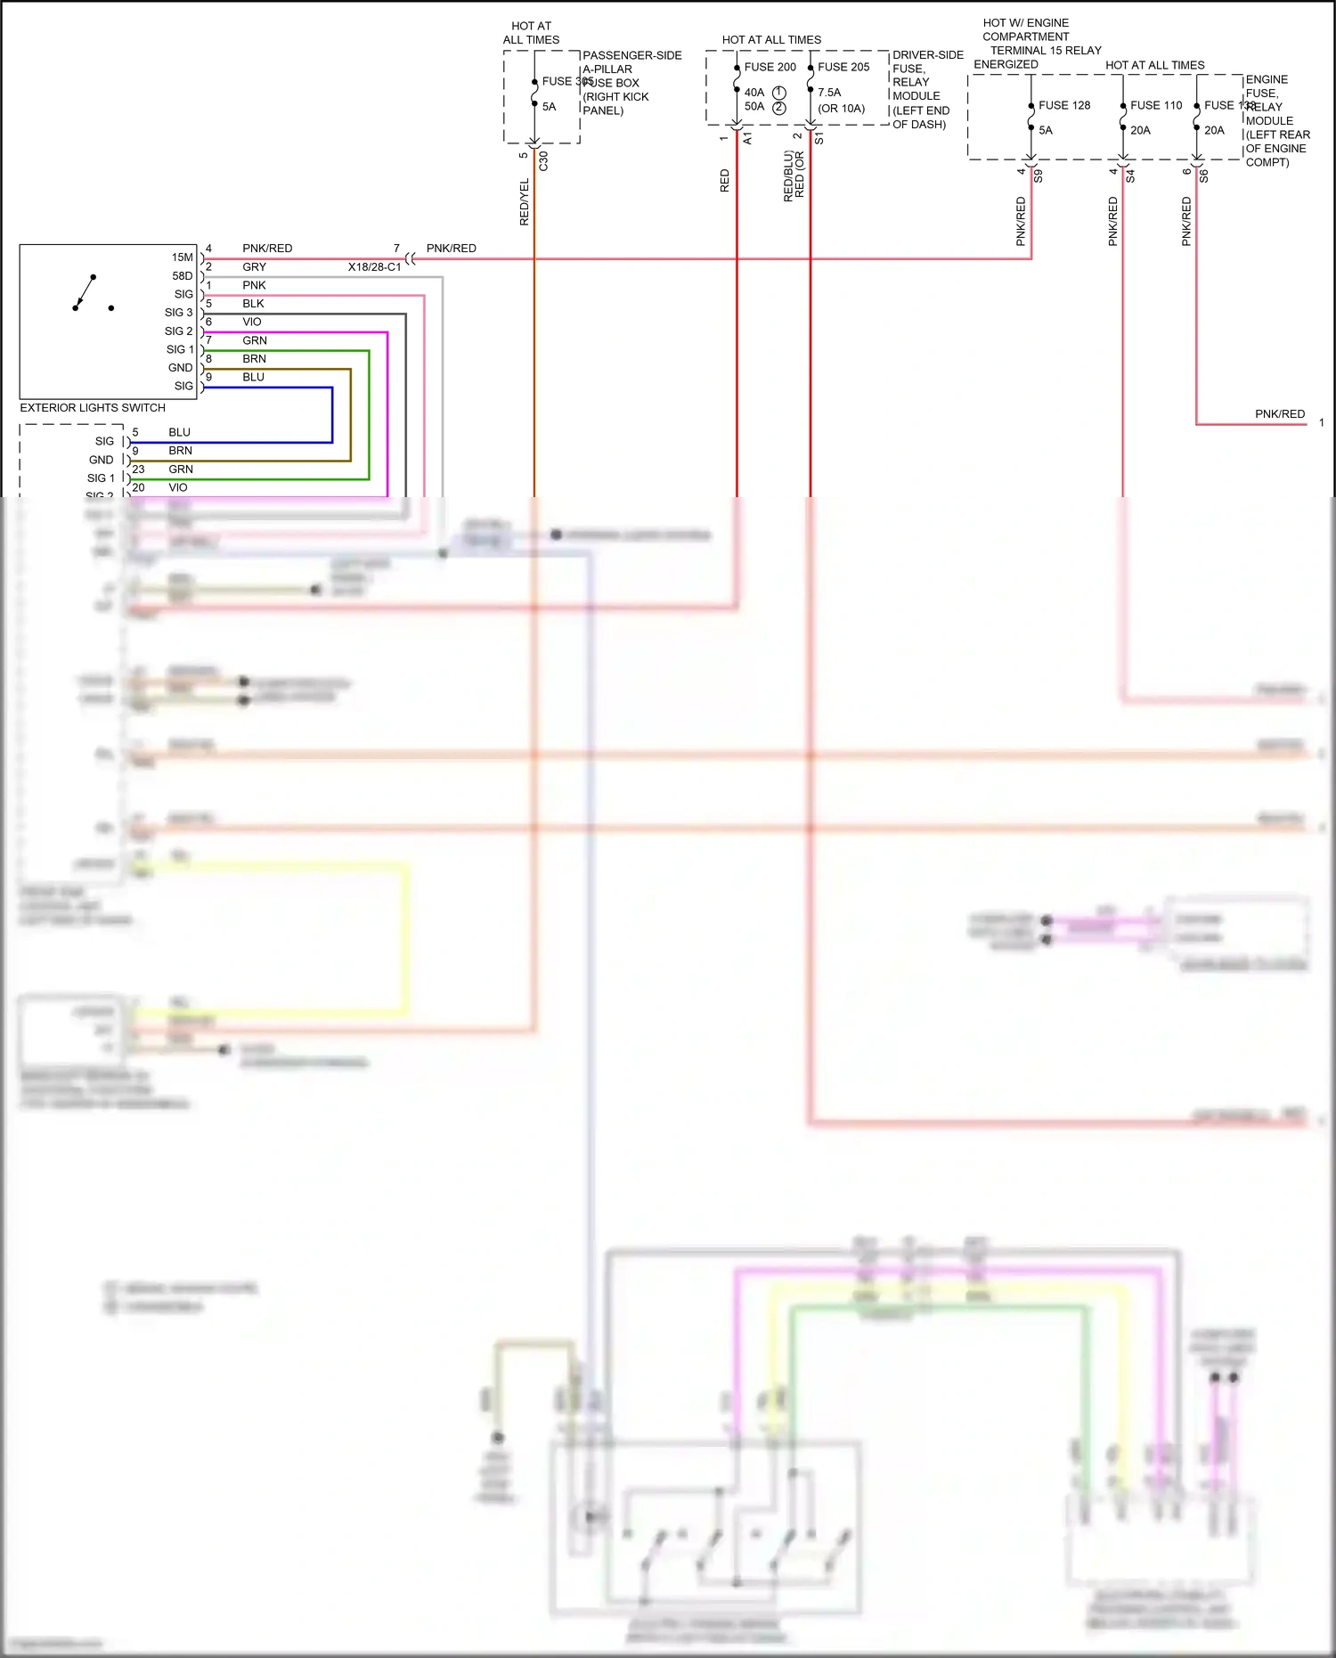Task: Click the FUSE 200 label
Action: tap(770, 67)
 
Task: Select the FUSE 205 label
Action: tap(843, 67)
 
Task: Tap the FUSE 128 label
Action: tap(1063, 105)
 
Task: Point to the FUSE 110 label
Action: tap(1155, 105)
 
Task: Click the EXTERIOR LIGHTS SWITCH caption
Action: tap(93, 408)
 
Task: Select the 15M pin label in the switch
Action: tap(182, 257)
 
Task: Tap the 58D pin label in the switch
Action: tap(182, 276)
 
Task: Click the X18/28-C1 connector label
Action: tap(374, 267)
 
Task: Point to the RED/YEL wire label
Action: tap(525, 201)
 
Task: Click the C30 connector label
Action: tap(543, 161)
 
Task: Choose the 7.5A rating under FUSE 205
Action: tap(829, 93)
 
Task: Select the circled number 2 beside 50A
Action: tap(779, 108)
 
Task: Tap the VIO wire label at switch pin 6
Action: tap(252, 323)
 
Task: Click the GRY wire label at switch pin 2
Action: tap(254, 267)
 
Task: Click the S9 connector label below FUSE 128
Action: tap(1038, 176)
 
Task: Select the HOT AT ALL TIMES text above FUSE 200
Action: tap(771, 40)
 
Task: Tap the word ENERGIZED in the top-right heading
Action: tap(1006, 64)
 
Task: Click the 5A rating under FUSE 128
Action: tap(1046, 130)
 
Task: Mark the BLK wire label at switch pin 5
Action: tap(253, 304)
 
